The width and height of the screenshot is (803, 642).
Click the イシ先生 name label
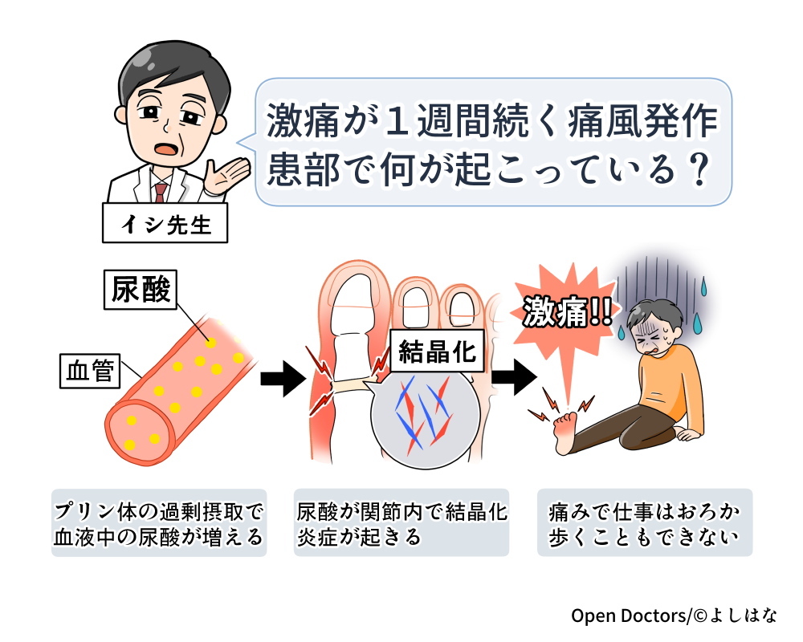(x=165, y=225)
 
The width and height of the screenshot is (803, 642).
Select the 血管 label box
(x=90, y=371)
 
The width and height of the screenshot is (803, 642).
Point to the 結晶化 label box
(x=437, y=351)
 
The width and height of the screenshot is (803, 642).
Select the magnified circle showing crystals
(x=425, y=416)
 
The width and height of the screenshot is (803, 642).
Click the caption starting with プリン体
(x=159, y=523)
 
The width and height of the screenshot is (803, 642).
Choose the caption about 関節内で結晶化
(x=401, y=523)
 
